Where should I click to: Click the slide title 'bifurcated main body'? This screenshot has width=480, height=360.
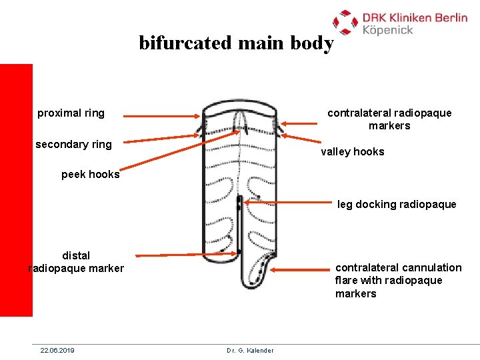click(x=236, y=43)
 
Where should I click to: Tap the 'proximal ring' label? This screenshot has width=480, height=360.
click(x=71, y=113)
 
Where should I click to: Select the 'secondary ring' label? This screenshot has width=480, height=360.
click(x=73, y=145)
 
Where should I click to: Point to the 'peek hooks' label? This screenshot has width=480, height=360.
click(x=90, y=175)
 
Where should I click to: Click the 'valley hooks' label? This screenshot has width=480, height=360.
click(x=352, y=152)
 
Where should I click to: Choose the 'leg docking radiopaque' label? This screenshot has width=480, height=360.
click(x=397, y=205)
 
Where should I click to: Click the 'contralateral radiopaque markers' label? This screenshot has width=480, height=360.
click(x=389, y=119)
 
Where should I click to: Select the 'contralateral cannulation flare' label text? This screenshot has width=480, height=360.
click(x=398, y=281)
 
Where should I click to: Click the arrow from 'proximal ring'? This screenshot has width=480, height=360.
click(x=163, y=116)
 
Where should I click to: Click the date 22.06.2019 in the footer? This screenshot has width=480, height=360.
click(x=57, y=350)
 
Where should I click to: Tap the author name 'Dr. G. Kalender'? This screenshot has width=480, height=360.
click(x=250, y=350)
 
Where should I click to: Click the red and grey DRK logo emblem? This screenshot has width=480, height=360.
click(x=345, y=21)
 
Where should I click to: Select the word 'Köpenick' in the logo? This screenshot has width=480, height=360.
click(x=388, y=30)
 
